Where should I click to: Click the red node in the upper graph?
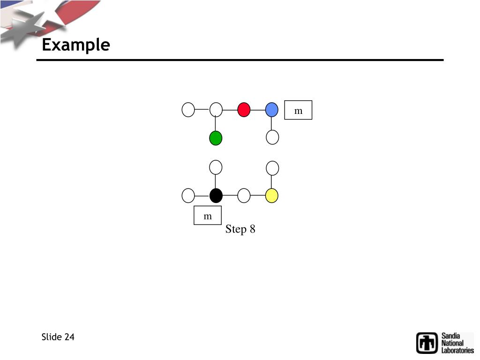[244, 110]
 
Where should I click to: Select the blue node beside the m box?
[272, 110]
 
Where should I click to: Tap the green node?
[216, 138]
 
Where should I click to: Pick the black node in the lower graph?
[216, 195]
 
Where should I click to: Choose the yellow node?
[272, 195]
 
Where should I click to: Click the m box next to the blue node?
[298, 110]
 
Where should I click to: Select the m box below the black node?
[208, 216]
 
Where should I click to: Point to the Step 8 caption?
[240, 229]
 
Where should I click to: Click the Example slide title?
[76, 45]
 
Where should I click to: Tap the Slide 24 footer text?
[58, 337]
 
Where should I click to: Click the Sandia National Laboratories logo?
[445, 343]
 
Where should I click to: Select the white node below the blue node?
[272, 137]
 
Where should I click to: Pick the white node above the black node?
[216, 167]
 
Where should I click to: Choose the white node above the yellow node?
[272, 167]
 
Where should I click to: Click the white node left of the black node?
[188, 195]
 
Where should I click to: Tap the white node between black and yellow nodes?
[244, 195]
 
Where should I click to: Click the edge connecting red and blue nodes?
[258, 110]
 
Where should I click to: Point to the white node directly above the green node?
[216, 110]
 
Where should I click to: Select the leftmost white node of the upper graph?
[188, 110]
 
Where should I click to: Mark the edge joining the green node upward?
[216, 124]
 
